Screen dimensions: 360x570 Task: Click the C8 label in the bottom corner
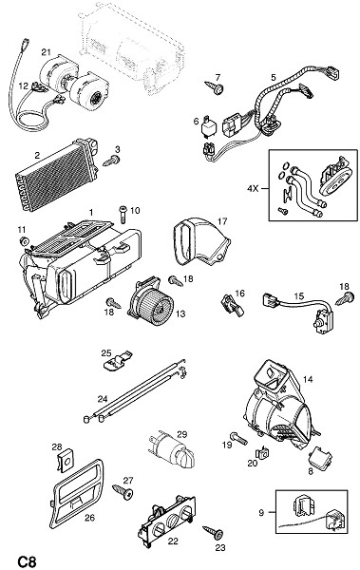(x=27, y=560)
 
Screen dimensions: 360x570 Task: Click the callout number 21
(x=46, y=52)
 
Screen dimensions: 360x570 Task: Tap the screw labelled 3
(x=112, y=161)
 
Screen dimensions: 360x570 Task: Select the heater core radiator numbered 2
(x=56, y=174)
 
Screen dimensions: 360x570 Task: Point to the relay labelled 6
(x=207, y=125)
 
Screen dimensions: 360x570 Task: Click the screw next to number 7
(x=215, y=87)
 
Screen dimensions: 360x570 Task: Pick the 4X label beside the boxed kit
(x=254, y=189)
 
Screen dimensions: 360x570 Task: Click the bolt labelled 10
(x=123, y=214)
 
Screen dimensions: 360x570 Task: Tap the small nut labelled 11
(x=25, y=241)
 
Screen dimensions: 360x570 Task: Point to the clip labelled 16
(x=233, y=305)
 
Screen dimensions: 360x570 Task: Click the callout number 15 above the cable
(x=299, y=296)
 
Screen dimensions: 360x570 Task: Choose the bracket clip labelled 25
(x=117, y=361)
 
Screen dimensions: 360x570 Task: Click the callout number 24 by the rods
(x=103, y=399)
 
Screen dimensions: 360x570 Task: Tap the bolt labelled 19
(x=238, y=438)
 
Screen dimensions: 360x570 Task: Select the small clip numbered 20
(x=262, y=452)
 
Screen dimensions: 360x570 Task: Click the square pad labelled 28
(x=66, y=462)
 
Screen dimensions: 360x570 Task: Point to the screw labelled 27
(x=123, y=491)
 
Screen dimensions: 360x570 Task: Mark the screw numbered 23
(x=213, y=532)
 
